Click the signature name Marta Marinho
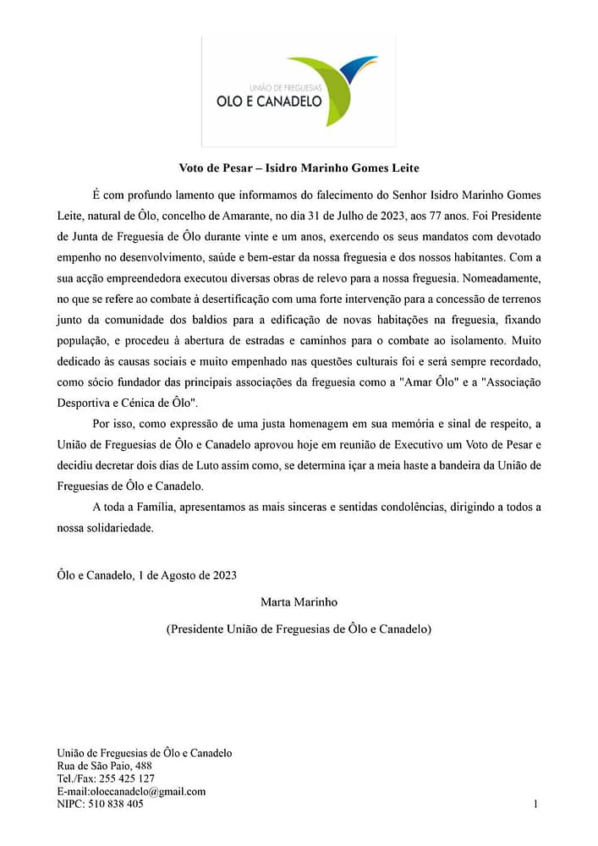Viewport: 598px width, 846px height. pyautogui.click(x=299, y=602)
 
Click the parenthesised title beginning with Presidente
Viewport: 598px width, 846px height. pyautogui.click(x=299, y=629)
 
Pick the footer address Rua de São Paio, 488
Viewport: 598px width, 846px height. pyautogui.click(x=104, y=766)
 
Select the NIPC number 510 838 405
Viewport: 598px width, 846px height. pyautogui.click(x=117, y=805)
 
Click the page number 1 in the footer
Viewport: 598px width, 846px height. pyautogui.click(x=535, y=805)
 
